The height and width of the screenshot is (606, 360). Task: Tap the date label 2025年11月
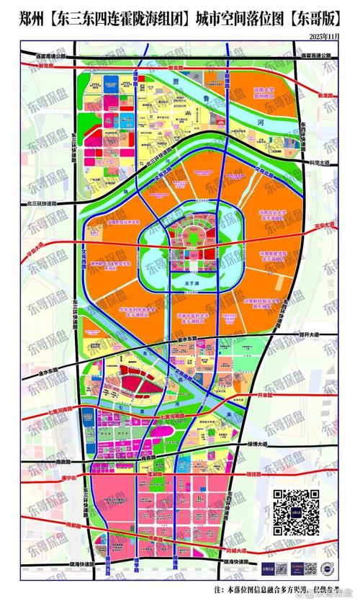click(325, 36)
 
